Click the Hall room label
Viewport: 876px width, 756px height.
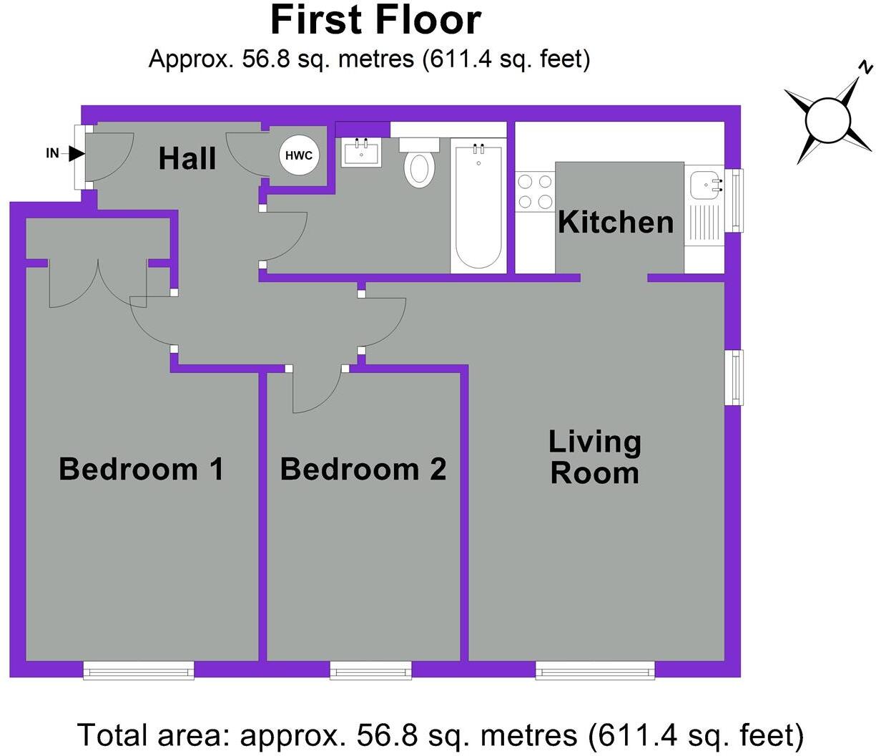pyautogui.click(x=187, y=158)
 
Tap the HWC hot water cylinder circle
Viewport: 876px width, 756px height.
pyautogui.click(x=299, y=155)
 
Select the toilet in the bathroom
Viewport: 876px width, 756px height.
pyautogui.click(x=419, y=163)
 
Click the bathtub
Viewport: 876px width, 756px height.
pyautogui.click(x=478, y=205)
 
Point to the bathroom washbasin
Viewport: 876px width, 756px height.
pyautogui.click(x=362, y=152)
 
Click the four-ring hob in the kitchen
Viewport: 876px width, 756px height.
pyautogui.click(x=536, y=192)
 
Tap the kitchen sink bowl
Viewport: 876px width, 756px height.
pyautogui.click(x=706, y=185)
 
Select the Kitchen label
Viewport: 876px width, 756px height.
pyautogui.click(x=616, y=222)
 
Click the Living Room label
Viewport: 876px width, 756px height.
pyautogui.click(x=594, y=457)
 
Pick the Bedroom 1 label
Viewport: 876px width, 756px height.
pyautogui.click(x=141, y=469)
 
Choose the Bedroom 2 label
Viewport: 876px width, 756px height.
pyautogui.click(x=363, y=469)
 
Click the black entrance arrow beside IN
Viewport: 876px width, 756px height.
pyautogui.click(x=77, y=153)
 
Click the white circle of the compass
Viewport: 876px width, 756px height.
pyautogui.click(x=827, y=120)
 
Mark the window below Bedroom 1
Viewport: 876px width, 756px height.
pyautogui.click(x=139, y=671)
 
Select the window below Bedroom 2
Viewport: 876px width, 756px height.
pyautogui.click(x=371, y=671)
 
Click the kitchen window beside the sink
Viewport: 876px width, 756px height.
pyautogui.click(x=734, y=200)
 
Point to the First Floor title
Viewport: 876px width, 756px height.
pyautogui.click(x=375, y=20)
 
